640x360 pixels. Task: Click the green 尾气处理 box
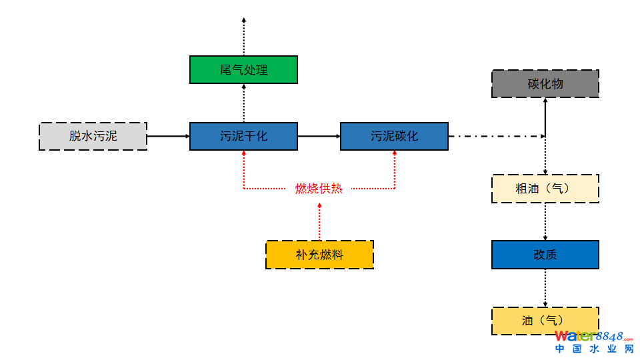(x=243, y=69)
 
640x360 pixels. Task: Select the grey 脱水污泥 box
(x=93, y=136)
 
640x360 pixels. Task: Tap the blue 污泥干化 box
(x=243, y=136)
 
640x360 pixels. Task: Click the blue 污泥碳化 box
(x=394, y=136)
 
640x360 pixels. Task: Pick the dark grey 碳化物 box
(x=545, y=83)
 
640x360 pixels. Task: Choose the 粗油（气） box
(x=545, y=189)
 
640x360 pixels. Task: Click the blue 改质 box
(x=545, y=255)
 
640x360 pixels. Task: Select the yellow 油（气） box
(x=545, y=321)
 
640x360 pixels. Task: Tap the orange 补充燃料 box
(x=319, y=255)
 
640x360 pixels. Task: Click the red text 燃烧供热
(x=319, y=189)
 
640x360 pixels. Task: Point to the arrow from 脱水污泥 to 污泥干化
(x=168, y=136)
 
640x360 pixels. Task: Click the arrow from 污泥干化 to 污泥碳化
(x=319, y=136)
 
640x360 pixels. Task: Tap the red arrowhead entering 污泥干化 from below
(x=244, y=154)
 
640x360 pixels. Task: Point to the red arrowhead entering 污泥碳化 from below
(x=395, y=154)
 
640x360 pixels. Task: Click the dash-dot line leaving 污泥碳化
(x=497, y=137)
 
